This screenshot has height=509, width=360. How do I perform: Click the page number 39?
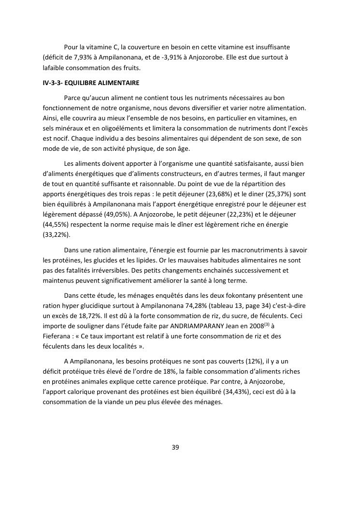175,447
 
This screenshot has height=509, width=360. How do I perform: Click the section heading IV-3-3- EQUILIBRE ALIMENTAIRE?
91,83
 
